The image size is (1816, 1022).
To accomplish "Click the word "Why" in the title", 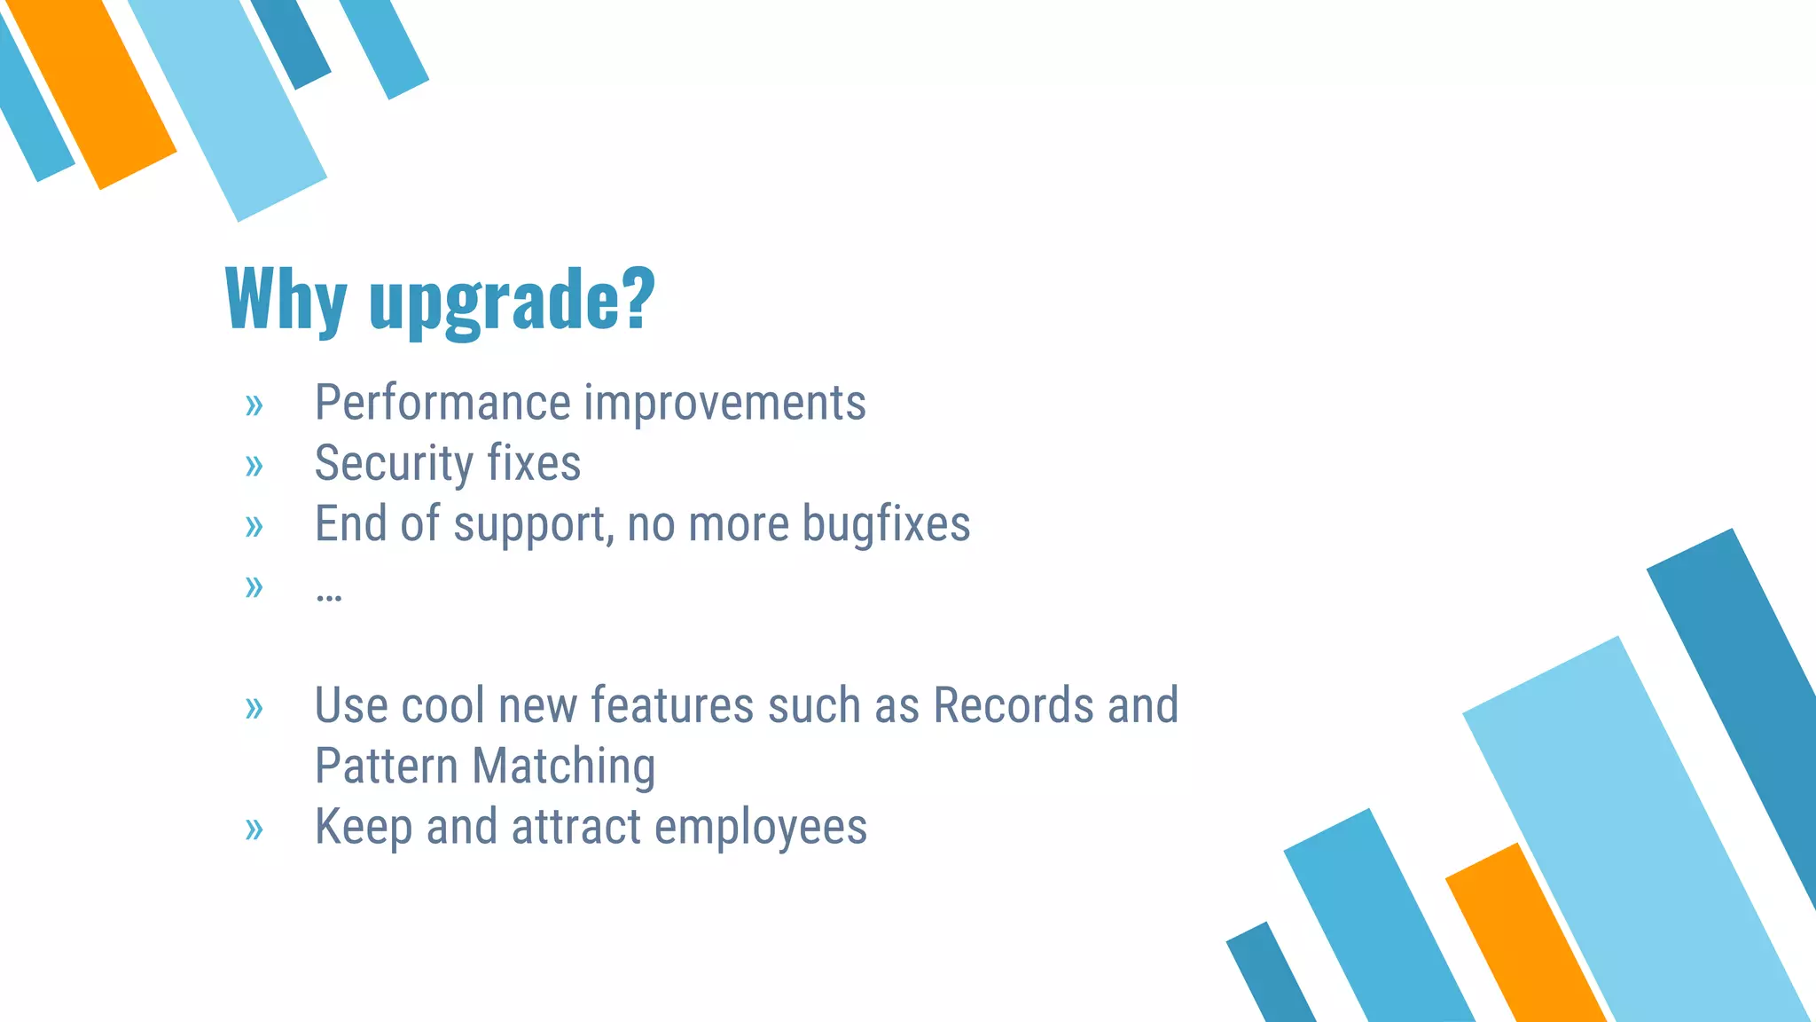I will coord(286,300).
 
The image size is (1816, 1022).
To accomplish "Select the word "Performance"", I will coord(442,403).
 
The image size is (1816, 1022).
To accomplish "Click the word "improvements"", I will coord(724,405).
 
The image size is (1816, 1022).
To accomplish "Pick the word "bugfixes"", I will coord(886,524).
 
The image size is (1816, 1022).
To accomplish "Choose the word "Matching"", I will coord(564,766).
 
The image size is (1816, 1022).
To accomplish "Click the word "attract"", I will coord(575,827).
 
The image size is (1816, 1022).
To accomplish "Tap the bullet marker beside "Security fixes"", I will coord(254,465).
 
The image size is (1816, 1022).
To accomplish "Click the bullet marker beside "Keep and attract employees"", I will coord(254,829).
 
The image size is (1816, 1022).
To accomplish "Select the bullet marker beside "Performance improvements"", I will coord(254,405).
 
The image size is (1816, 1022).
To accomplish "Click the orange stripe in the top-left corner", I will coord(92,89).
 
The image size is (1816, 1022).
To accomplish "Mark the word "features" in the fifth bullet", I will coord(672,706).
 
